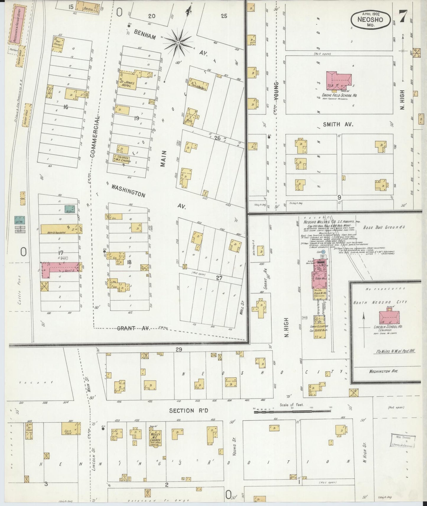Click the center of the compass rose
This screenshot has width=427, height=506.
(178, 43)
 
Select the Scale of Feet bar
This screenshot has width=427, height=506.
(292, 411)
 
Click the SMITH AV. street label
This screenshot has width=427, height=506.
(334, 124)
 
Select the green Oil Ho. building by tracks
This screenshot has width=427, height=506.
(20, 220)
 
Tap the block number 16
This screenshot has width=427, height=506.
(65, 107)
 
